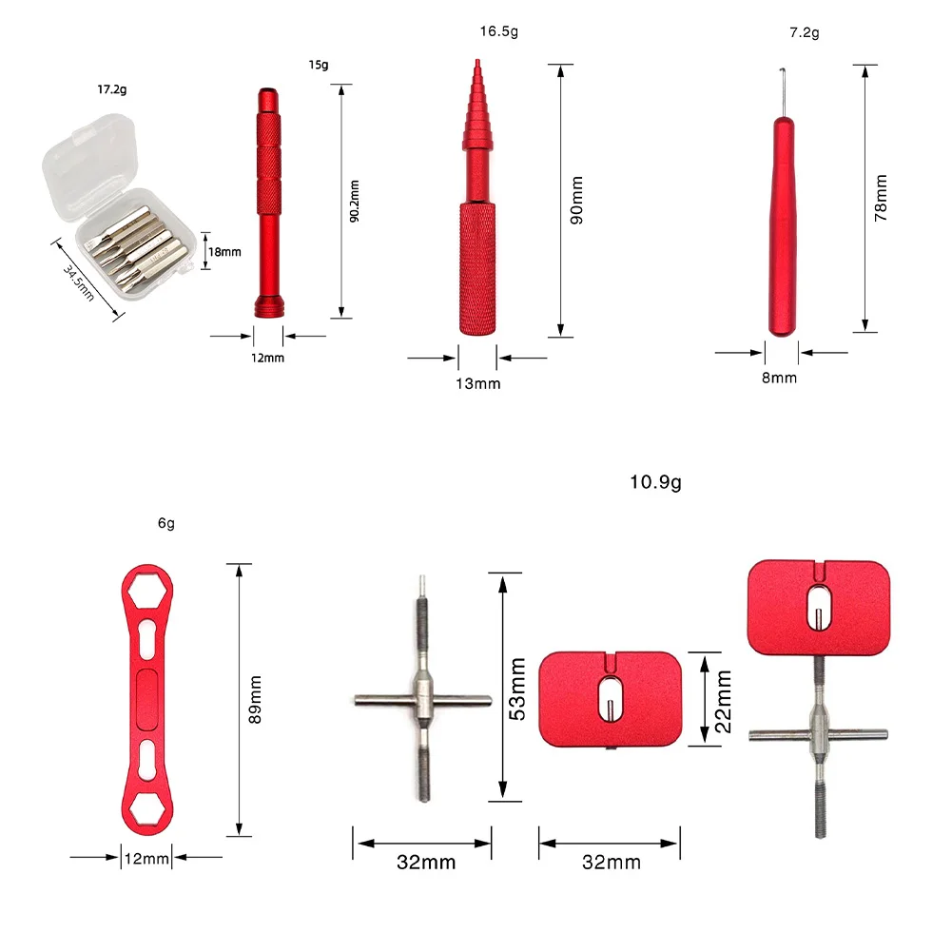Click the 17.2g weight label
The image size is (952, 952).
click(x=111, y=89)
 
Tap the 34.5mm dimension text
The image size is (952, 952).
click(x=79, y=282)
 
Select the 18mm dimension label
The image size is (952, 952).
click(x=224, y=252)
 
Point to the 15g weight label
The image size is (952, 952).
click(x=319, y=65)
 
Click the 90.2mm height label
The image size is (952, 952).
click(x=355, y=201)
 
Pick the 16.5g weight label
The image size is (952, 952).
click(x=499, y=31)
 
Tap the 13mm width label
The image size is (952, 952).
click(x=478, y=383)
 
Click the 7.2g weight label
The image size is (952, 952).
click(x=805, y=32)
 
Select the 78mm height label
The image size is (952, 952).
click(x=881, y=198)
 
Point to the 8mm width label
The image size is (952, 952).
click(x=780, y=378)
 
